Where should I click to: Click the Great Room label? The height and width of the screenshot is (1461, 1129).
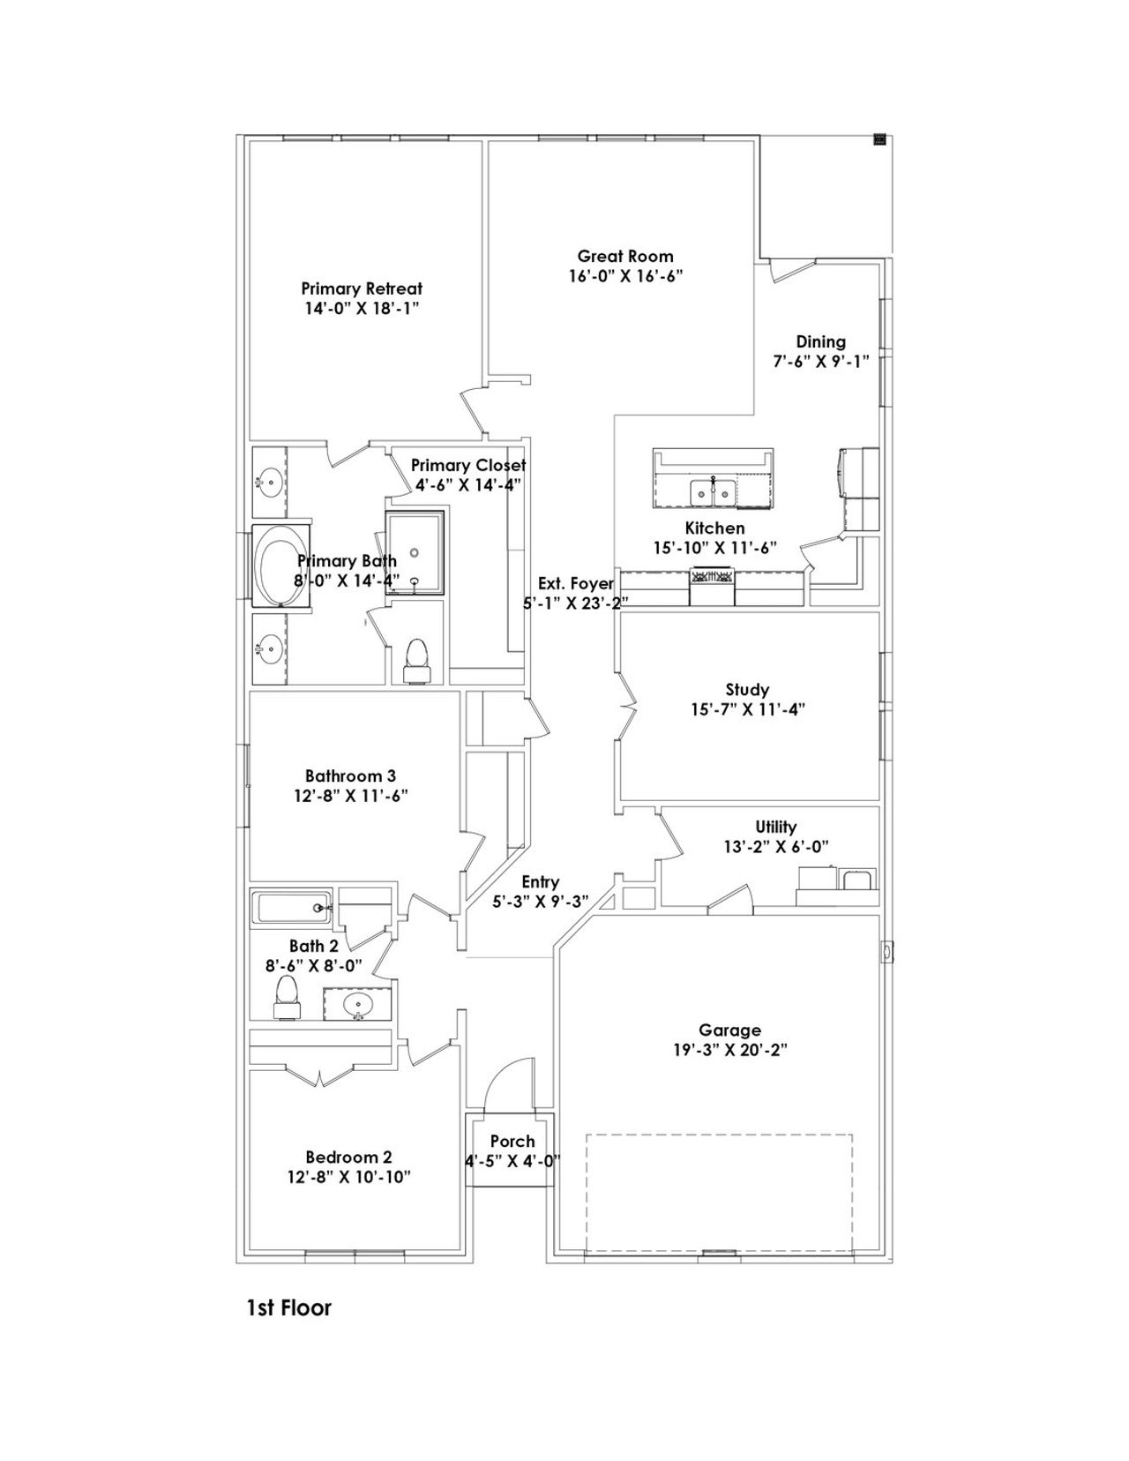tap(624, 257)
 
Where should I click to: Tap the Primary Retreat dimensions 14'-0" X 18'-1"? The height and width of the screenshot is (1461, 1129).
tap(361, 309)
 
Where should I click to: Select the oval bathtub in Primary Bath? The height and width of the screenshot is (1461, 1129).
tap(279, 566)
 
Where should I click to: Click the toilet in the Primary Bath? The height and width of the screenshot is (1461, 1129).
tap(415, 659)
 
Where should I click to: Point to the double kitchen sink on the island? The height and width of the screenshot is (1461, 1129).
tap(714, 491)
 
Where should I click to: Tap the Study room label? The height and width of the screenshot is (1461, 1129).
tap(747, 690)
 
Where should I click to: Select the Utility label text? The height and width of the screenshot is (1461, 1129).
tap(775, 827)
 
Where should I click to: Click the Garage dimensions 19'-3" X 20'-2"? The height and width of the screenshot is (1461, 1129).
tap(729, 1050)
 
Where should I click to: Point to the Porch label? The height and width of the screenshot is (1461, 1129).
tap(512, 1142)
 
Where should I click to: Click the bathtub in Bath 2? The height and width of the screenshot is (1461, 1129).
tap(290, 907)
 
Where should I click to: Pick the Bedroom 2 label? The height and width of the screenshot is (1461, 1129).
tap(348, 1158)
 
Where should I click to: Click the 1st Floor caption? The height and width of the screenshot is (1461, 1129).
tap(288, 1307)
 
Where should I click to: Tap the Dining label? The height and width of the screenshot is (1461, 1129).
tap(820, 341)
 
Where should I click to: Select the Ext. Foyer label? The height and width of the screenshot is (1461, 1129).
tap(575, 583)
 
